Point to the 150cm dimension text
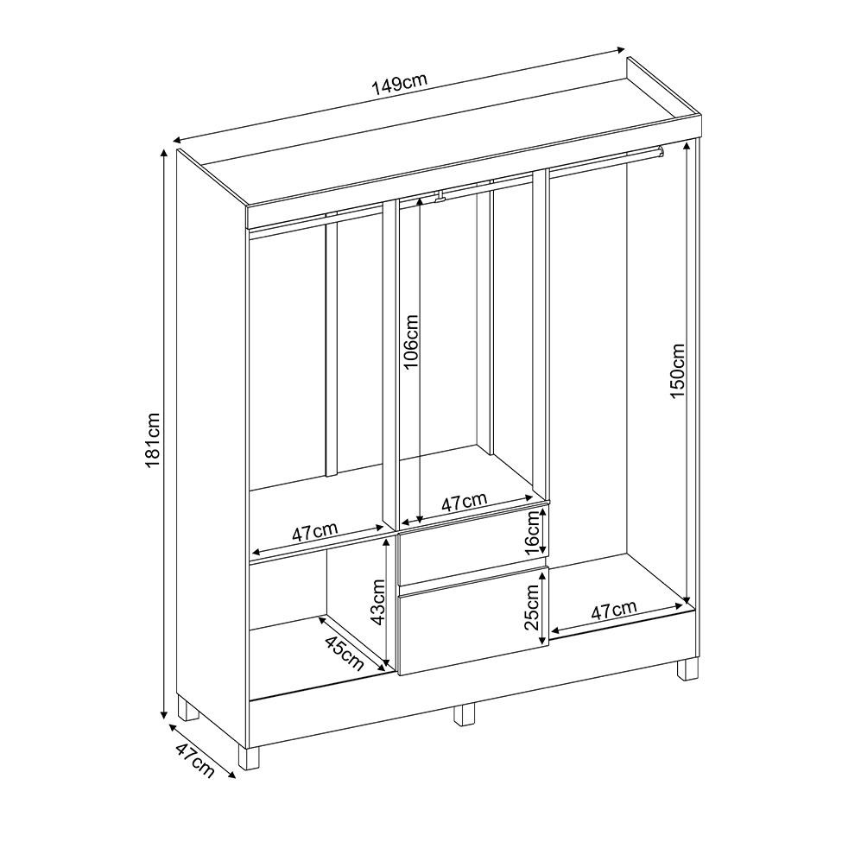point(677,370)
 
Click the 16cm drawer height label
point(534,533)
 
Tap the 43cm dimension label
point(378,601)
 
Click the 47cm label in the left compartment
point(314,532)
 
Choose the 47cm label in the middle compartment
point(464,502)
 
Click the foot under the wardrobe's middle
point(465,714)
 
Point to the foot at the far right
point(688,669)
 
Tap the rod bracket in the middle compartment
point(440,197)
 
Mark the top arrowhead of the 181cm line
point(164,154)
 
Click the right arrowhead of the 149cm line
point(620,50)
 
